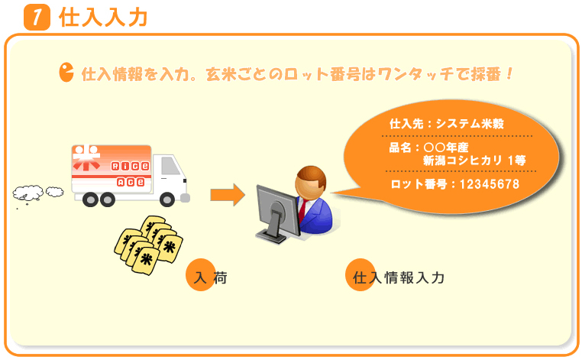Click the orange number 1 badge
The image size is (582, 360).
tap(37, 17)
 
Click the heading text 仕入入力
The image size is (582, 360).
tap(104, 18)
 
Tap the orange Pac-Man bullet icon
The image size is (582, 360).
tap(66, 72)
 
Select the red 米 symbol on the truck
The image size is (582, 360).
tap(86, 157)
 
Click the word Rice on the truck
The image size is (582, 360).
tap(131, 166)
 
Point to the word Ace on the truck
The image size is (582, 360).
tap(131, 182)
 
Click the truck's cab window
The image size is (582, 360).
tap(170, 166)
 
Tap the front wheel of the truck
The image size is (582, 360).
tap(167, 200)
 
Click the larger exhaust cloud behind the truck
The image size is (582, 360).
tap(28, 193)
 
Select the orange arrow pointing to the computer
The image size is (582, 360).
tap(228, 195)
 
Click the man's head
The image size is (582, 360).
tap(311, 183)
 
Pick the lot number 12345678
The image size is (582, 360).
tap(490, 184)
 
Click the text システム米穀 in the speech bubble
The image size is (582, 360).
tap(470, 124)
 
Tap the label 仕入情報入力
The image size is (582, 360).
tap(398, 277)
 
